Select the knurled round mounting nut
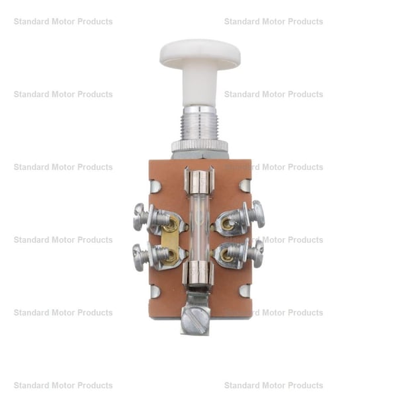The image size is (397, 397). pos(200,147)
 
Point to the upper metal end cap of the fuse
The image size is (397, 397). pos(199,183)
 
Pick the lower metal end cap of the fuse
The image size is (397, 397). pos(198,274)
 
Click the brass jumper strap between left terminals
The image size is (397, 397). pos(169,241)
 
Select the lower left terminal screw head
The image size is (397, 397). pos(138,257)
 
